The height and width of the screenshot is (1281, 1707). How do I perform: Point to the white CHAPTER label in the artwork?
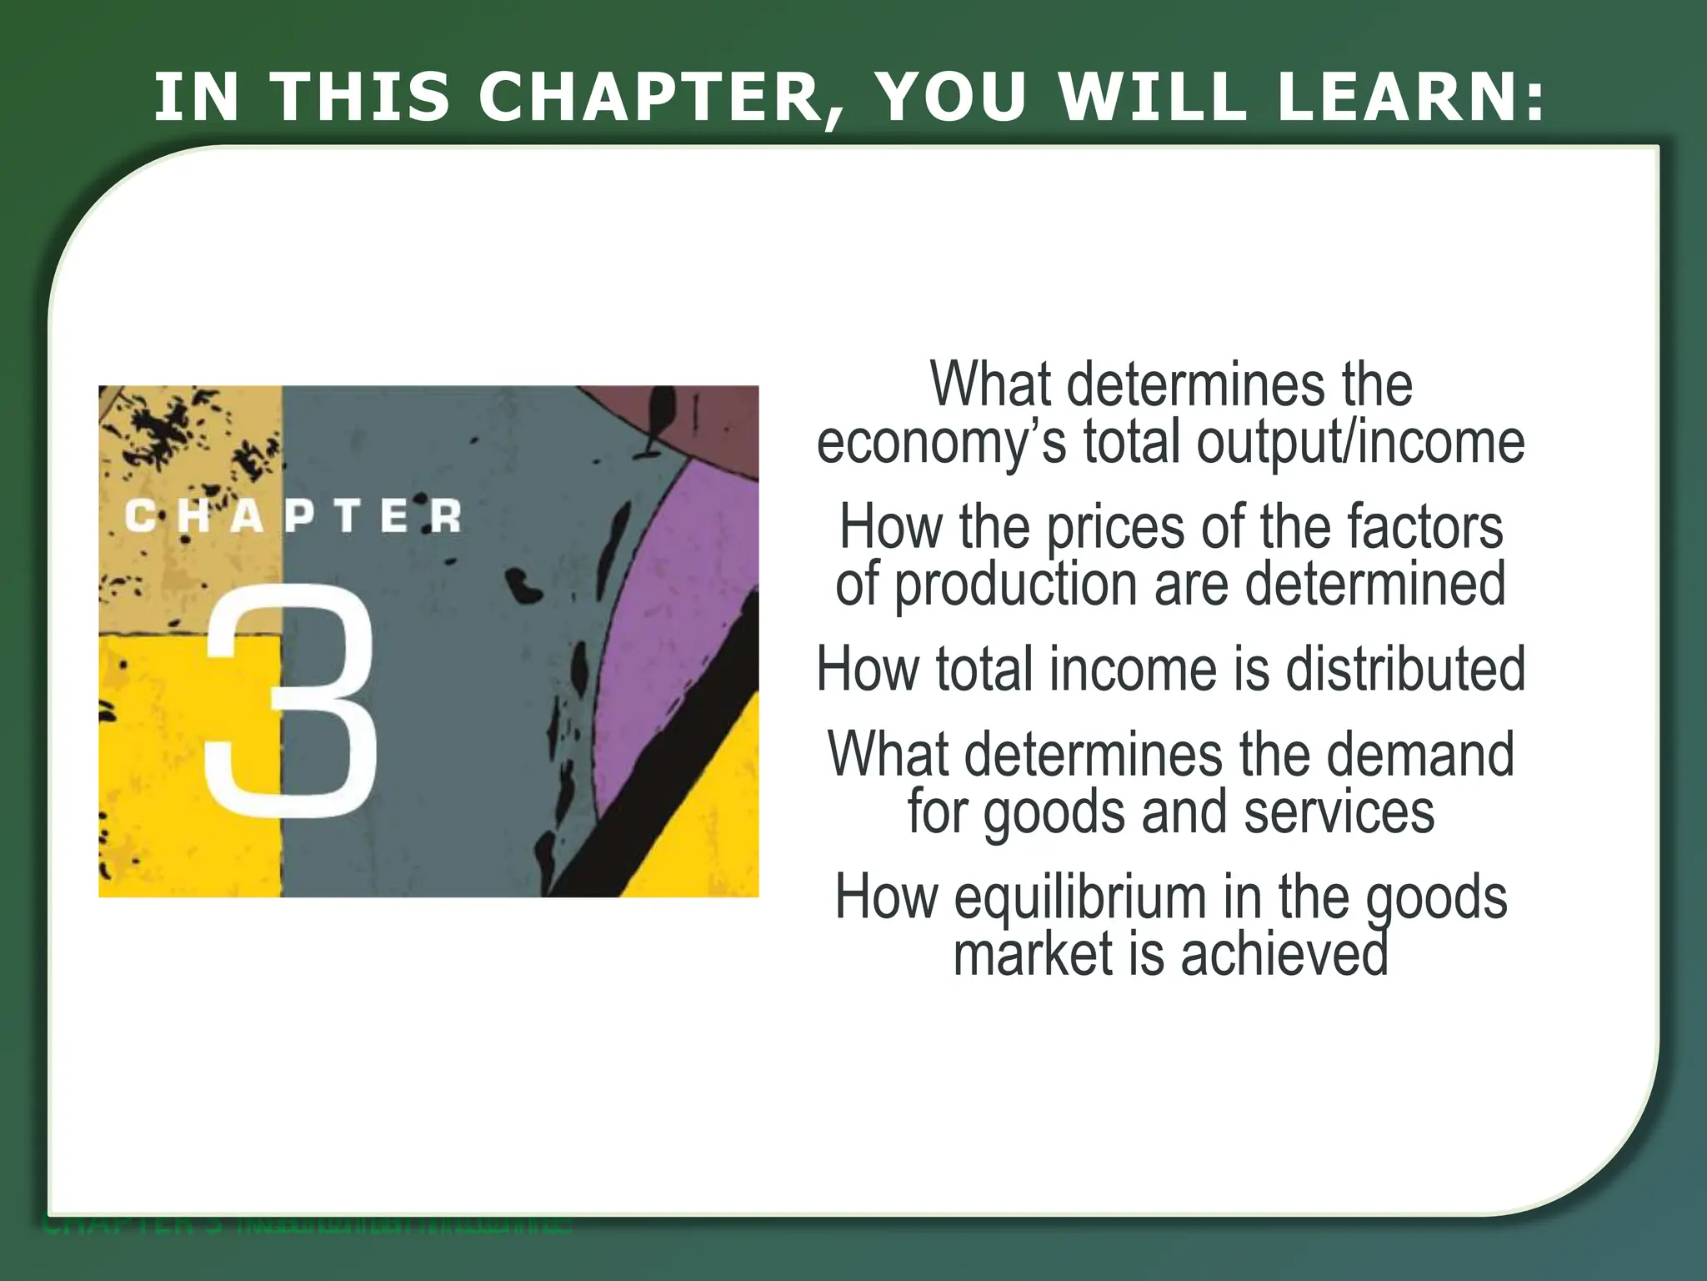coord(293,516)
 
